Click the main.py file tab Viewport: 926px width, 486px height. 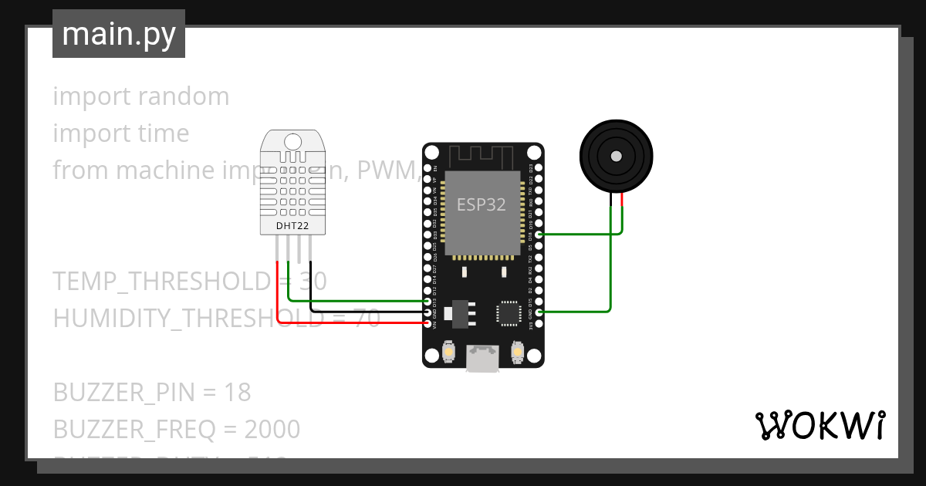point(119,34)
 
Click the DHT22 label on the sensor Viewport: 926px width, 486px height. point(292,226)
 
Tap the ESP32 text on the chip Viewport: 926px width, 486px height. point(482,204)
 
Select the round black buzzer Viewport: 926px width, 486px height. point(616,156)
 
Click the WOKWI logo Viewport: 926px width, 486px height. point(820,425)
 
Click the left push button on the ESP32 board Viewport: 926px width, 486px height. point(448,353)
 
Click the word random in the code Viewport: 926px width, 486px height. point(184,96)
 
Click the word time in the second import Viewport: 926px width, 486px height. point(159,133)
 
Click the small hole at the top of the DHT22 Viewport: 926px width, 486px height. point(293,142)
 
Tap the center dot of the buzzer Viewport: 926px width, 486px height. point(616,156)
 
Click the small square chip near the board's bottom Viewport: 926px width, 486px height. point(509,312)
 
